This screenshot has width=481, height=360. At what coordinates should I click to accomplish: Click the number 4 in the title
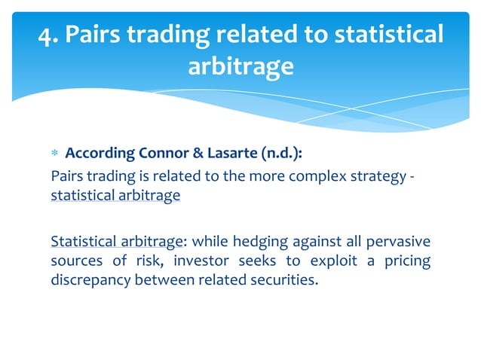47,35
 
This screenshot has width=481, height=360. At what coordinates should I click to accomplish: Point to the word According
100,154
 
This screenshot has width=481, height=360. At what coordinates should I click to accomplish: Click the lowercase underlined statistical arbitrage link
115,196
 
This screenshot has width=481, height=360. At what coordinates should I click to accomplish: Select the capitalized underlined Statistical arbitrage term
115,242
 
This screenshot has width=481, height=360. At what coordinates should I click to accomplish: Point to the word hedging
252,242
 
